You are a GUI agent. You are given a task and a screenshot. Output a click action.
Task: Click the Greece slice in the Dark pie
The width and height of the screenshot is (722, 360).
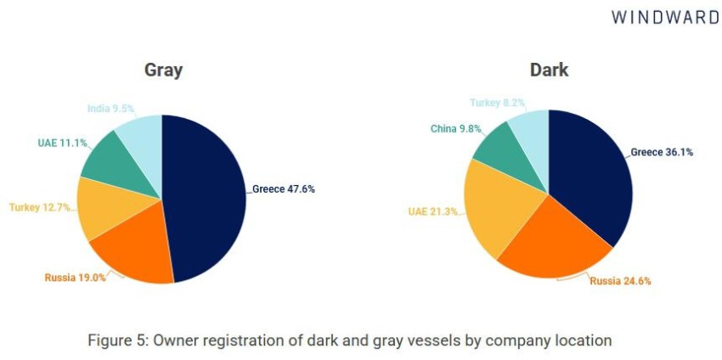[x=595, y=183]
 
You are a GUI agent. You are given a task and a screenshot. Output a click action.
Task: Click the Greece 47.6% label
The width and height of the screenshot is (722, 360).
[x=284, y=189]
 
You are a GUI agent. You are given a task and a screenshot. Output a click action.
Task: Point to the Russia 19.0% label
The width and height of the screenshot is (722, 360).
[x=76, y=277]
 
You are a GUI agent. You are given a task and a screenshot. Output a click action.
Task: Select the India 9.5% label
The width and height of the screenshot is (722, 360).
[x=110, y=109]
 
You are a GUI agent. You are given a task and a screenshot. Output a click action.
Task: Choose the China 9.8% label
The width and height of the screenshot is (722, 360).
[x=456, y=129]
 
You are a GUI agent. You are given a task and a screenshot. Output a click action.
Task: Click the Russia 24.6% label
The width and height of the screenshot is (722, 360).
[x=621, y=281]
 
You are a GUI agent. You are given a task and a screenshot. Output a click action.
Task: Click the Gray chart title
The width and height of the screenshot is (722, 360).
[x=162, y=70]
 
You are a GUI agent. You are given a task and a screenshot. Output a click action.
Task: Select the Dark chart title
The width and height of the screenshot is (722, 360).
[x=549, y=70]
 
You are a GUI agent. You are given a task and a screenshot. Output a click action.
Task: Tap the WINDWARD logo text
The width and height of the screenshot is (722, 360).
[x=664, y=17]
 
